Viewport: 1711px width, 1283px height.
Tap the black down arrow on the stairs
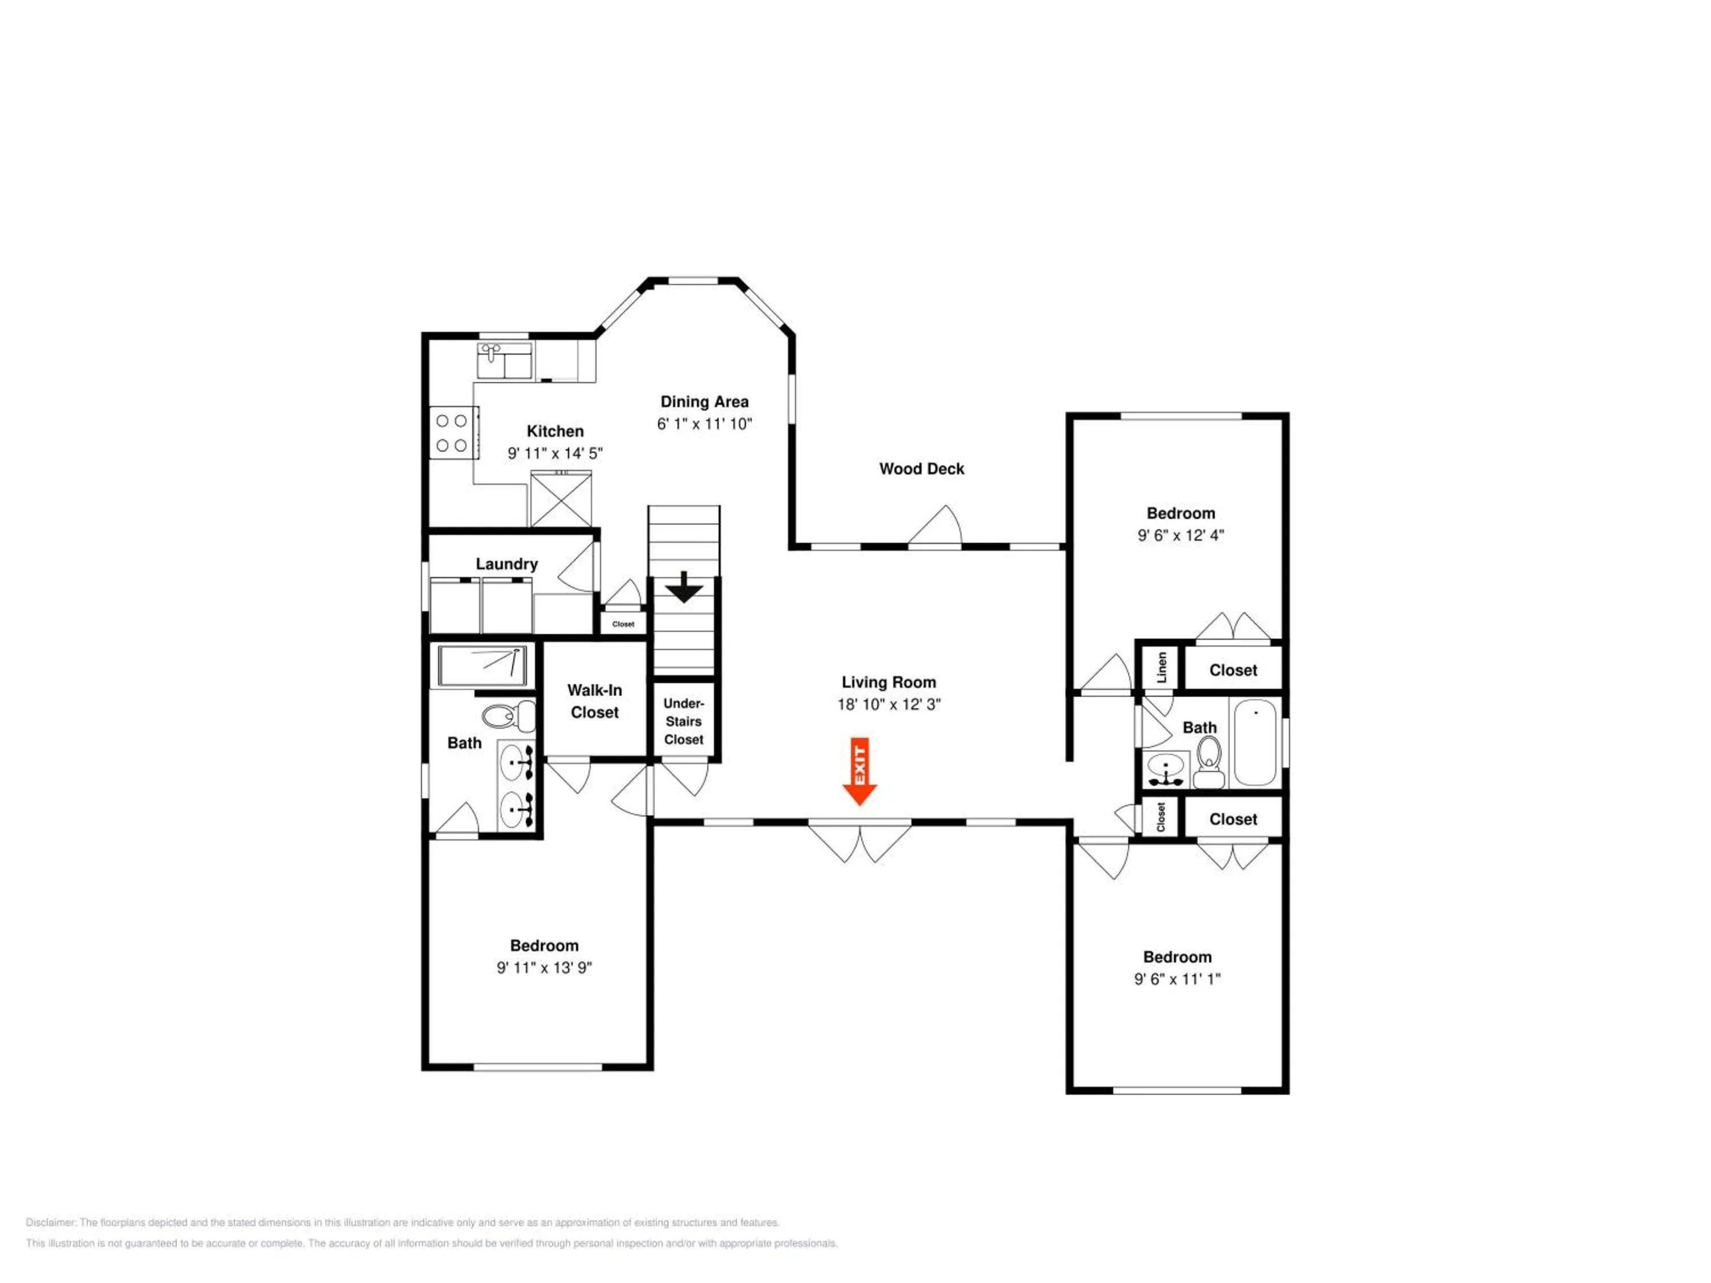(684, 587)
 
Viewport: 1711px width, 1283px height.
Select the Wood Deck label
(921, 469)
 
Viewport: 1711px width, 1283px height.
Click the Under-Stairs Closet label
(684, 721)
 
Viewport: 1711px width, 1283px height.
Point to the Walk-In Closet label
(595, 701)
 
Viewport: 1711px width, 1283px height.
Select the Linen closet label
(1162, 667)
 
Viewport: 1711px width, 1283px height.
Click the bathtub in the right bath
(1255, 742)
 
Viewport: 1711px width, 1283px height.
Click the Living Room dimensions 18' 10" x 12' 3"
(889, 705)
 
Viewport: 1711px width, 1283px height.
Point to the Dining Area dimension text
(705, 424)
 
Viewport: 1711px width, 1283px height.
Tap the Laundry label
(506, 564)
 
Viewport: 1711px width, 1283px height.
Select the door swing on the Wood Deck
(934, 525)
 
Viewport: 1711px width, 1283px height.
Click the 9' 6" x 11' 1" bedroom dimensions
(1177, 979)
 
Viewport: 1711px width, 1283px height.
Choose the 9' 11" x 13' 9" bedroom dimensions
(545, 968)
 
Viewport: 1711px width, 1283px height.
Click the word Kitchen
(556, 432)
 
